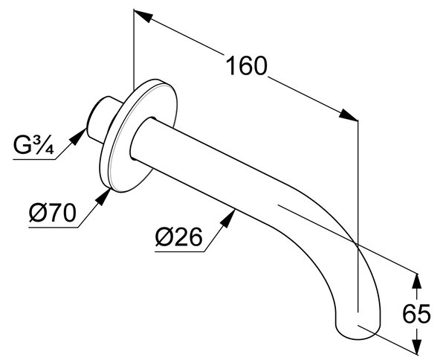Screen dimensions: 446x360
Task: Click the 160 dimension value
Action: [246, 65]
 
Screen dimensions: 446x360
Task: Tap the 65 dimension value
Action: [417, 314]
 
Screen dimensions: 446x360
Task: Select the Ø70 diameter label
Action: [53, 213]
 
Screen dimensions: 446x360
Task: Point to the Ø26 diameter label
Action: [179, 237]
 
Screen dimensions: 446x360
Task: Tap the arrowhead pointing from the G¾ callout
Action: [79, 137]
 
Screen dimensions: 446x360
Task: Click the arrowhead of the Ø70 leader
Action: [103, 196]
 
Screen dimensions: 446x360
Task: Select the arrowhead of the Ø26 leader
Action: [228, 218]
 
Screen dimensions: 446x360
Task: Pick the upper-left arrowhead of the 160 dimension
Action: [144, 16]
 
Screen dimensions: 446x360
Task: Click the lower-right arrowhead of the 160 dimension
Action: [348, 115]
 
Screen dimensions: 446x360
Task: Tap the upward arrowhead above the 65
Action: [417, 282]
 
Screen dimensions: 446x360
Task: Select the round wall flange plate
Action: [138, 136]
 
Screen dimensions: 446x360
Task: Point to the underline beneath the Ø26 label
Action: [180, 251]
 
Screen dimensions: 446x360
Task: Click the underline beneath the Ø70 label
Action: [54, 228]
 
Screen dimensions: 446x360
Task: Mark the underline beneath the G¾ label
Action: [34, 159]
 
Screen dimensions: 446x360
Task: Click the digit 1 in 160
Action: [231, 65]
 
